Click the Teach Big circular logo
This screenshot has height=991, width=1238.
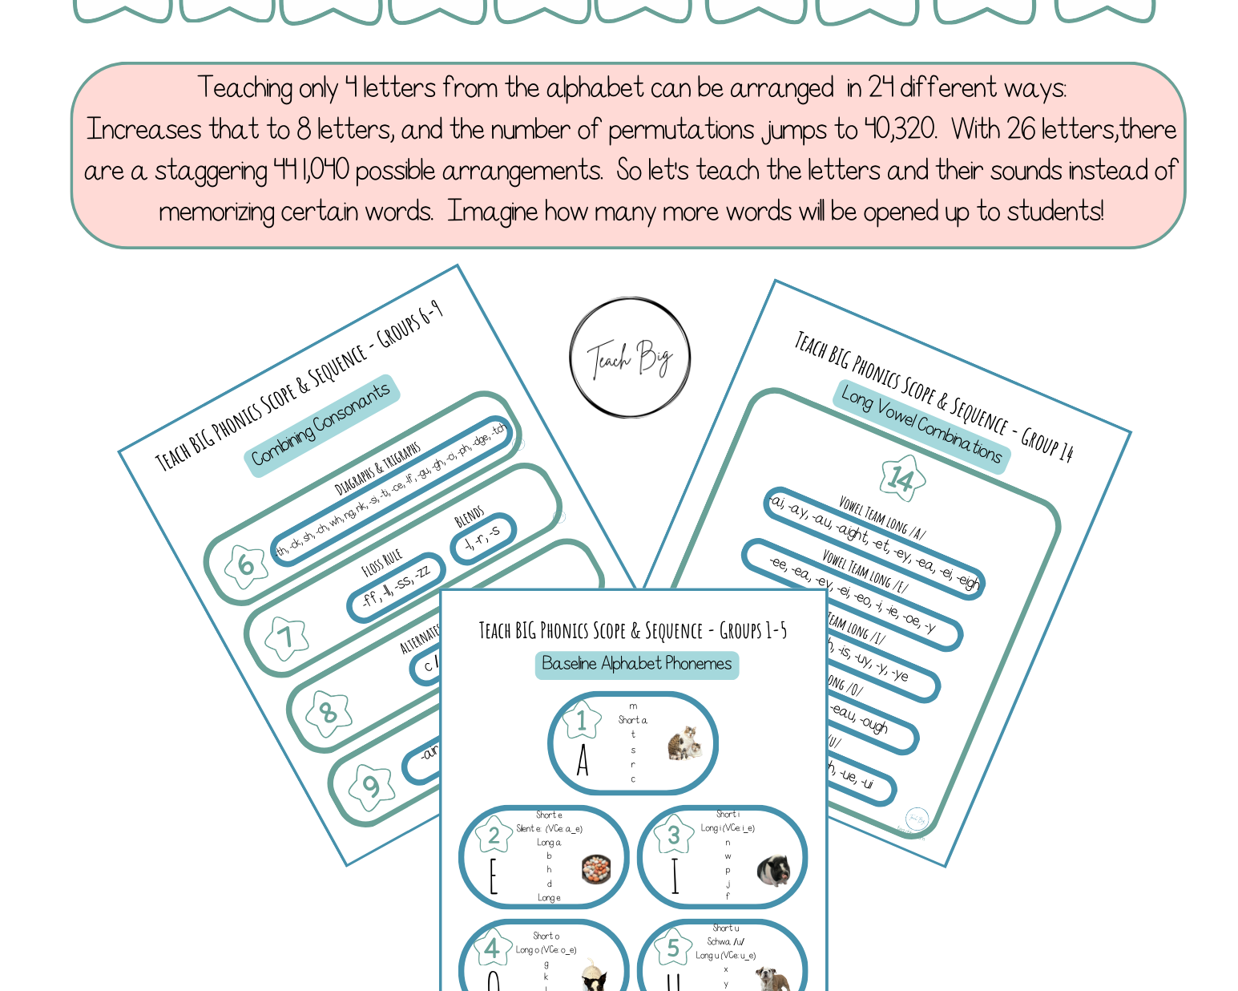(630, 358)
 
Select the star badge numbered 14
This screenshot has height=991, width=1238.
(902, 479)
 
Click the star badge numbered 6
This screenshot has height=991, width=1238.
(246, 565)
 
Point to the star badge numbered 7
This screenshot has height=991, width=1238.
(286, 638)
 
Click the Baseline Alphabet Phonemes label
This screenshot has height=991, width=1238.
(636, 664)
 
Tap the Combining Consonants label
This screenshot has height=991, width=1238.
(321, 425)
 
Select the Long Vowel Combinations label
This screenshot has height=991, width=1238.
(921, 426)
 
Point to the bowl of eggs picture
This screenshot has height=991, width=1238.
(596, 868)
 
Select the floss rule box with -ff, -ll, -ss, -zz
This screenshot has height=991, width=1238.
(396, 587)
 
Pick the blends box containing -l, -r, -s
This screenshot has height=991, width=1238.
(483, 537)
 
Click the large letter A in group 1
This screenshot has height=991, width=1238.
(583, 760)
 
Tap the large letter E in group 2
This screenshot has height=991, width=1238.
(493, 876)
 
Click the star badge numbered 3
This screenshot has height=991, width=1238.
(673, 835)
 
